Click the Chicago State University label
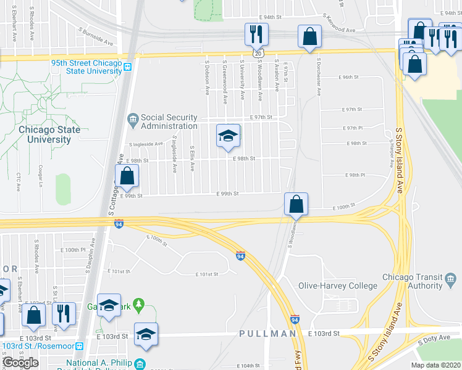(x=49, y=134)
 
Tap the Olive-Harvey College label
(x=338, y=286)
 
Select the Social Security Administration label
(x=169, y=121)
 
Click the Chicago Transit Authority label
(x=413, y=281)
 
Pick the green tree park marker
(x=140, y=304)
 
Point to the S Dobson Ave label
(x=207, y=78)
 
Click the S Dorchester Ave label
(x=319, y=77)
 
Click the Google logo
(x=20, y=363)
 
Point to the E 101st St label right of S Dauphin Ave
(x=119, y=271)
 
